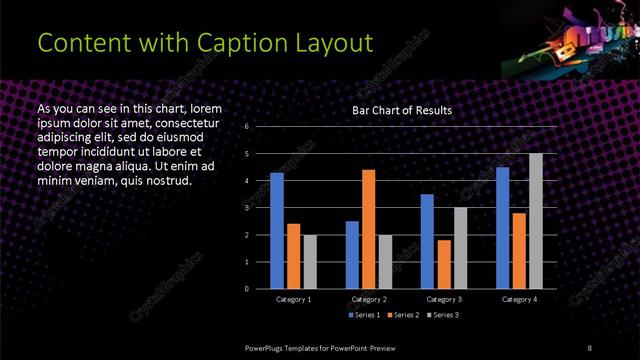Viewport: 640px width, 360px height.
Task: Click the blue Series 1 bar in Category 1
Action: coord(277,231)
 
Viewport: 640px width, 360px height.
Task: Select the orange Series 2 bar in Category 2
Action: coord(369,229)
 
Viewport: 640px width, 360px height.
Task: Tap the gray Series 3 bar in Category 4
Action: coord(535,221)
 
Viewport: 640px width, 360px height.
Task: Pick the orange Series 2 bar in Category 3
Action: coord(444,264)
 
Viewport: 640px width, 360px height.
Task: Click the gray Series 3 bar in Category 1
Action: coord(310,261)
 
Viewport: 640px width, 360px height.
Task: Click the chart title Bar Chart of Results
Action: coord(402,110)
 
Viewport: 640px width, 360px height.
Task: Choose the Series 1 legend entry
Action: coord(364,315)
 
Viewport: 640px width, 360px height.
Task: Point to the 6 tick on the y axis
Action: coord(246,127)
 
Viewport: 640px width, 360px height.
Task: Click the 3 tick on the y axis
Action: coord(246,208)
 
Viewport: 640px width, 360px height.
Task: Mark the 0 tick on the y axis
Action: coord(246,289)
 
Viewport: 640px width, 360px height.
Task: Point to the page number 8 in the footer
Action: coord(589,347)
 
